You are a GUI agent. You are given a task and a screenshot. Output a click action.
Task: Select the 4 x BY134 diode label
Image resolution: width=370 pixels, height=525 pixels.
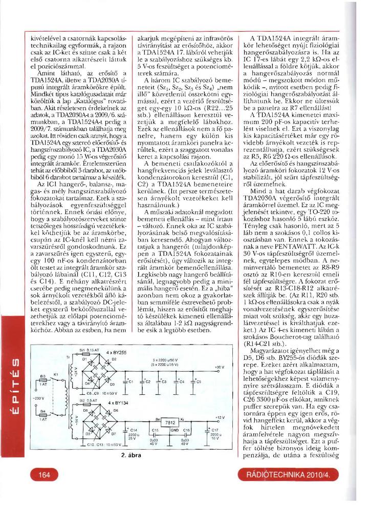(117, 403)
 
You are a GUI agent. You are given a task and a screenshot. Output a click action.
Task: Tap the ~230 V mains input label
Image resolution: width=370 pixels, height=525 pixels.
(38, 398)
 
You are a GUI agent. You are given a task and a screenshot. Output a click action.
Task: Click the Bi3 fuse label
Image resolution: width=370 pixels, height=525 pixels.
(43, 375)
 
